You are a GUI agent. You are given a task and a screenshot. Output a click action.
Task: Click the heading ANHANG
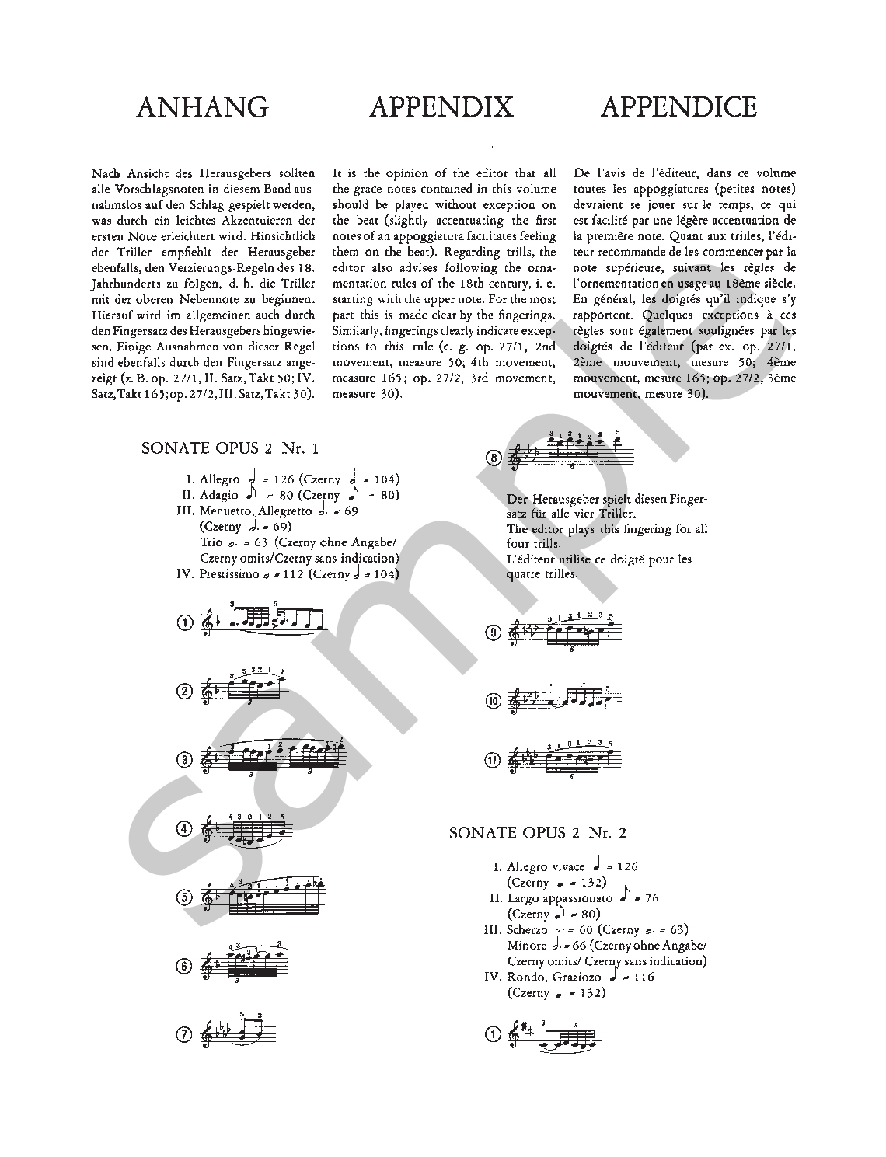tap(202, 106)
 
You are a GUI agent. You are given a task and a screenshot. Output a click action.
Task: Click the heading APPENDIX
tap(441, 106)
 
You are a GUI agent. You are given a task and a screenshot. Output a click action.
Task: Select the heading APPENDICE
tap(678, 106)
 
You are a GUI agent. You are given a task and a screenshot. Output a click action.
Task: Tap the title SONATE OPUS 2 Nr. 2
tap(538, 833)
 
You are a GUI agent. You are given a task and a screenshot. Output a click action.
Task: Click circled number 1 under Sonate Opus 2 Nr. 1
tap(184, 623)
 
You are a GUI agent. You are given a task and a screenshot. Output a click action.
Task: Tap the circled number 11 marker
tap(493, 760)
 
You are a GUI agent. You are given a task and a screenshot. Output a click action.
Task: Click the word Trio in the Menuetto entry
tap(211, 542)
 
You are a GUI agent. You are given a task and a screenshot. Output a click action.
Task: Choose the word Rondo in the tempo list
tap(525, 977)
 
